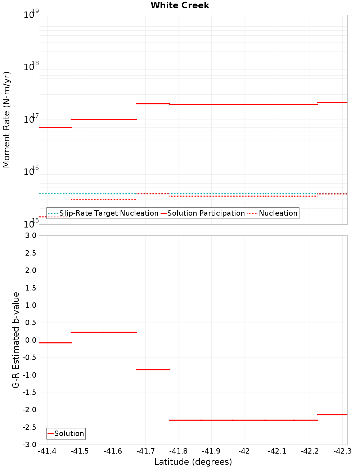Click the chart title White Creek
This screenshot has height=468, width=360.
180,5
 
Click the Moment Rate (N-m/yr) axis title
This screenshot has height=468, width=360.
6,120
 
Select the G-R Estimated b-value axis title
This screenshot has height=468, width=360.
16,340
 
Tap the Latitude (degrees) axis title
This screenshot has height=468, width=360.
193,462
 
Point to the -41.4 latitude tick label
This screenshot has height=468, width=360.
47,451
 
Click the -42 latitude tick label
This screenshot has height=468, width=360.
244,451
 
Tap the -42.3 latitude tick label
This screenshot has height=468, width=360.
342,451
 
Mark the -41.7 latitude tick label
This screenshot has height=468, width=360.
145,451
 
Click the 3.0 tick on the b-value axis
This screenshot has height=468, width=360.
29,235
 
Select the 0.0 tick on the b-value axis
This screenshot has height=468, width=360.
29,340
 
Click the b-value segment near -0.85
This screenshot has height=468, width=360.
153,369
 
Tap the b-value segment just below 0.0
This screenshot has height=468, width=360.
55,343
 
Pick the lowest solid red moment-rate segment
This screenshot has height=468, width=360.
55,127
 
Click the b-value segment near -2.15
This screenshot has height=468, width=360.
332,415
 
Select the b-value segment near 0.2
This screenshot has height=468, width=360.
104,332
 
